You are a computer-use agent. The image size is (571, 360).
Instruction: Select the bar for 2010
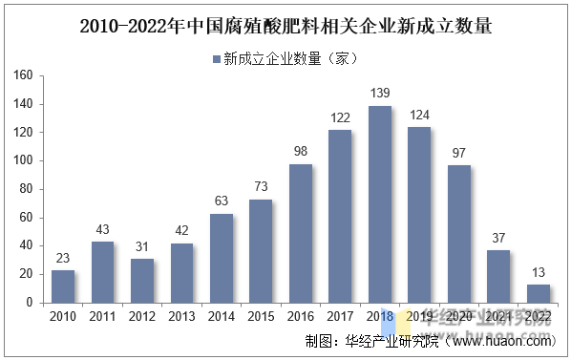click(x=63, y=286)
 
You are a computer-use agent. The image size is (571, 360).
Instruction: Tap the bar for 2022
click(x=538, y=292)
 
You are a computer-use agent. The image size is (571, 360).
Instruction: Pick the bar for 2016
click(x=301, y=233)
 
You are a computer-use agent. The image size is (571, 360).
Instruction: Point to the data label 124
click(x=419, y=116)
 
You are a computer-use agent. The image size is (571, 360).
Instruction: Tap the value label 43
click(x=102, y=230)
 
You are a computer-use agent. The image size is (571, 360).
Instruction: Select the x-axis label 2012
click(x=142, y=316)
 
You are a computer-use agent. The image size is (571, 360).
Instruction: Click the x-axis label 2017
click(x=340, y=316)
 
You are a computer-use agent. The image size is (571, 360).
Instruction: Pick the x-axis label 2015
click(x=261, y=316)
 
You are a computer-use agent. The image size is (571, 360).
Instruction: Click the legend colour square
click(x=215, y=58)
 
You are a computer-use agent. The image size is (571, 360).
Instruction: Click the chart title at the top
click(x=285, y=26)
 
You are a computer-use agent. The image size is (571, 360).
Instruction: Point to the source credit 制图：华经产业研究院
click(x=364, y=342)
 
